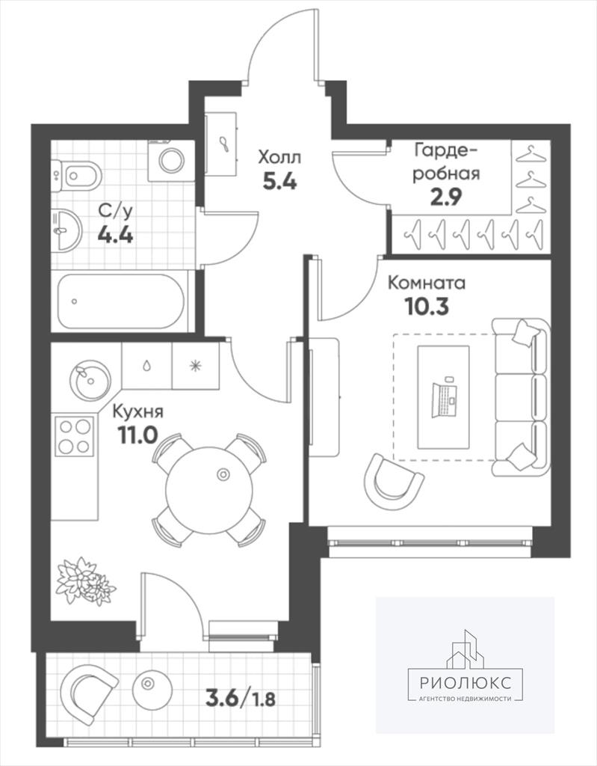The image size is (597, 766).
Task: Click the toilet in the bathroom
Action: (x=78, y=175)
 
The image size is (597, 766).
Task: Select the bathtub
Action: (x=122, y=301)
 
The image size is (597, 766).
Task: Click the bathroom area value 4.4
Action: (x=116, y=236)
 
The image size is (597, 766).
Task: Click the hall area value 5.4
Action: (x=279, y=182)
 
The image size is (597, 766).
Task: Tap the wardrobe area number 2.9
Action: (x=445, y=197)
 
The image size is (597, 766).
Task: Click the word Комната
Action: (x=426, y=283)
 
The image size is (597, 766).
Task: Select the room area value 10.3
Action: (x=427, y=307)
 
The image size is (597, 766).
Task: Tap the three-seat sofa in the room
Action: (x=520, y=397)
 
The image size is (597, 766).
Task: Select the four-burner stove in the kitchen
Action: (x=74, y=436)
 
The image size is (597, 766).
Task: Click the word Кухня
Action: (x=138, y=411)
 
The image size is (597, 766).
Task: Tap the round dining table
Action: (x=209, y=490)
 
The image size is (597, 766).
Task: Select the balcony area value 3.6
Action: (x=223, y=698)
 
